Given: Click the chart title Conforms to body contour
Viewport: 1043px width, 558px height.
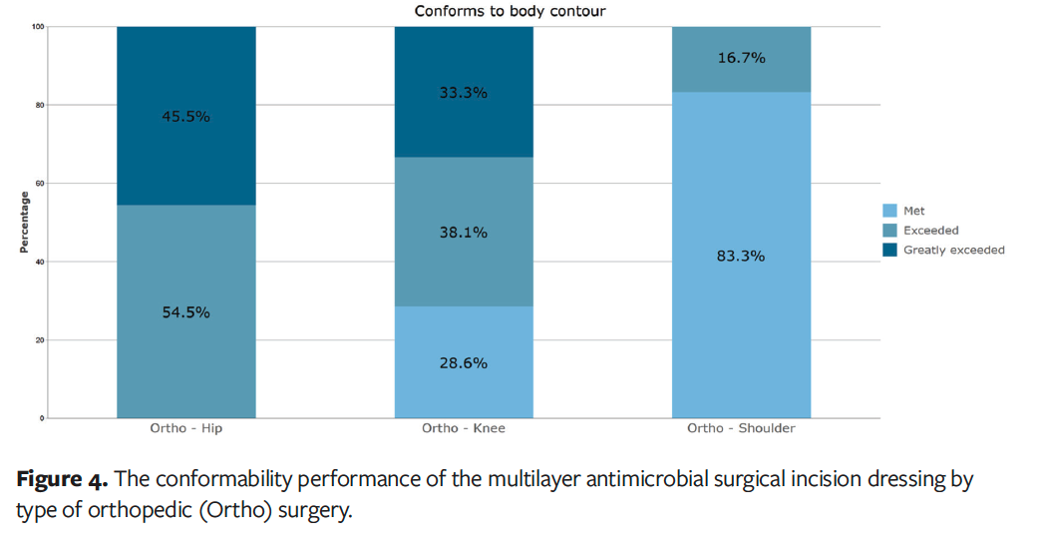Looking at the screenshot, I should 511,11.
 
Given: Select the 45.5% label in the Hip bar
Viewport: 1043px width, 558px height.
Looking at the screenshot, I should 185,116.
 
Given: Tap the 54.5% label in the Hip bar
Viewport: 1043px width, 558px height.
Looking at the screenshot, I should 185,312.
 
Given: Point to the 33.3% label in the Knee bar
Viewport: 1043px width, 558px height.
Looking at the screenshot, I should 463,93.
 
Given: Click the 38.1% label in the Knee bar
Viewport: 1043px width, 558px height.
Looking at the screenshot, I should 463,233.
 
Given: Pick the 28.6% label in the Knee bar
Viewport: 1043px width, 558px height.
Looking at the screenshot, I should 463,363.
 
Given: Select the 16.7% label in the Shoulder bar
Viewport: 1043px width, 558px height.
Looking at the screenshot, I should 741,58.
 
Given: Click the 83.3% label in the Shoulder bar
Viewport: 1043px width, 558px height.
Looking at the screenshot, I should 741,256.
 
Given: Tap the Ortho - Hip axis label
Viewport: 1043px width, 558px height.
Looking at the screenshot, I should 185,429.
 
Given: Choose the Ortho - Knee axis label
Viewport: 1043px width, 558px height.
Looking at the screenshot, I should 463,429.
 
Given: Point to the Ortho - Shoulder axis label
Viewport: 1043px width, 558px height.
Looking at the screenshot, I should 741,429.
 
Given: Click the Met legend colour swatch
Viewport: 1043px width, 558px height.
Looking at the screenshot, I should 890,211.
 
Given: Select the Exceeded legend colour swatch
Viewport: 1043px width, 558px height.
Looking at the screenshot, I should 890,231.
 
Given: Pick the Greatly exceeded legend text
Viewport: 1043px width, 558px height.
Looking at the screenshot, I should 953,251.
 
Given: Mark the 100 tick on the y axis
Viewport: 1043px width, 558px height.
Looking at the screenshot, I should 37,27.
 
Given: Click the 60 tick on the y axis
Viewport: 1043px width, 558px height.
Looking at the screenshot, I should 39,184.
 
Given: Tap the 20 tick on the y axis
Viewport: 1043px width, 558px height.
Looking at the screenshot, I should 39,340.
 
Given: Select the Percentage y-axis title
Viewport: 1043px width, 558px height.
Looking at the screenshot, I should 23,222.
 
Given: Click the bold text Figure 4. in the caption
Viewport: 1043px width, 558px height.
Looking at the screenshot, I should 60,481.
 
